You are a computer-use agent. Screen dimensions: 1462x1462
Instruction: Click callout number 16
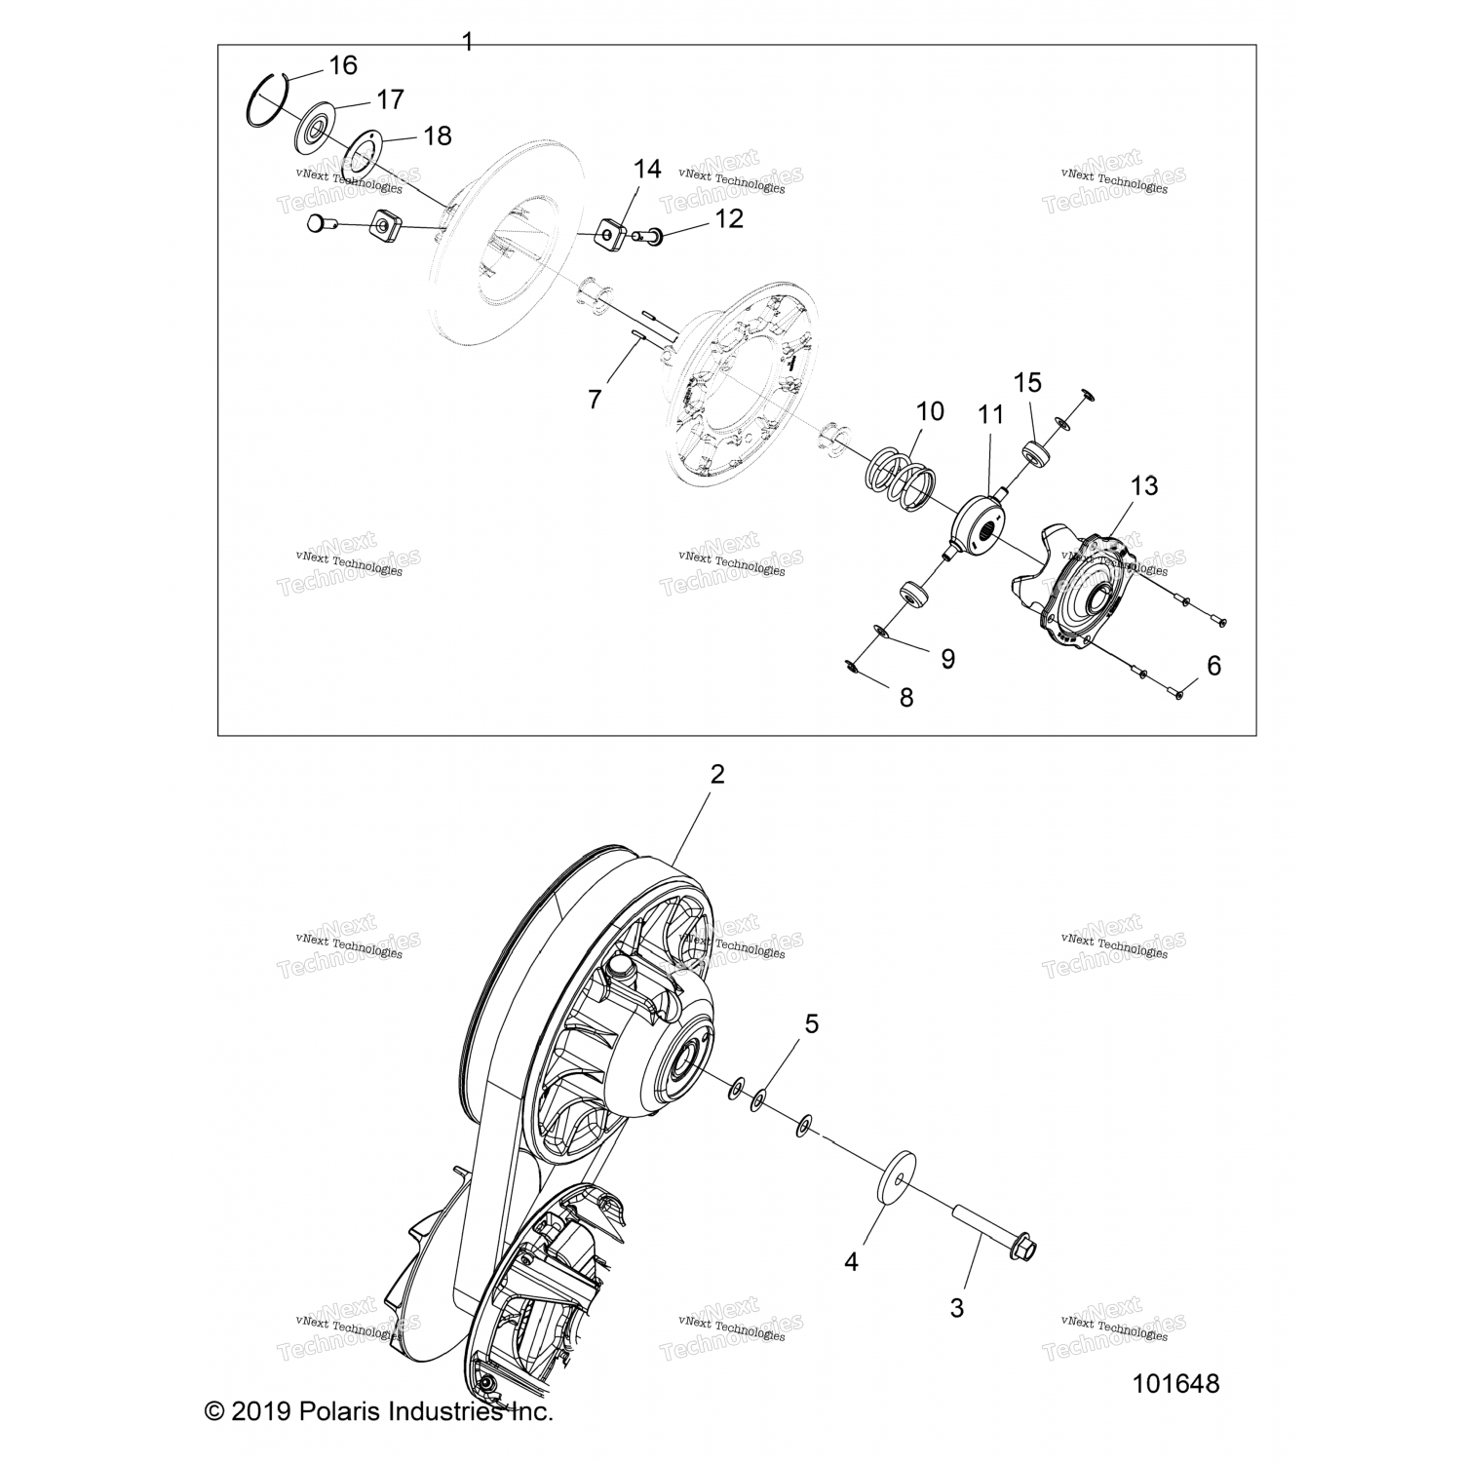point(343,65)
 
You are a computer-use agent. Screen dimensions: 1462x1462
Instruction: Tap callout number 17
point(390,99)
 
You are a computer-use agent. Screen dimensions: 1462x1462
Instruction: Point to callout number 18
point(438,135)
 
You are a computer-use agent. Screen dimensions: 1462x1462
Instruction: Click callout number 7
point(595,398)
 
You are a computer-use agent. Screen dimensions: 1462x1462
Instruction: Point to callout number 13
point(1144,485)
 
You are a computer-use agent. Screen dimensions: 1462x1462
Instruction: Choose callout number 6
point(1213,666)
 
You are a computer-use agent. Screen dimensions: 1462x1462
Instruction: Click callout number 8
point(906,697)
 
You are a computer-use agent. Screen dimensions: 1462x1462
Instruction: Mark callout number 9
point(947,659)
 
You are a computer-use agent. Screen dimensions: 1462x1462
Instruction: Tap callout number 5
point(811,1023)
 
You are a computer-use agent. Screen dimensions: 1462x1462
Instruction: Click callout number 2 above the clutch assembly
point(717,775)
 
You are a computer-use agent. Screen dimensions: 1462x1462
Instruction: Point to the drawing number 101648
point(1176,1383)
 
